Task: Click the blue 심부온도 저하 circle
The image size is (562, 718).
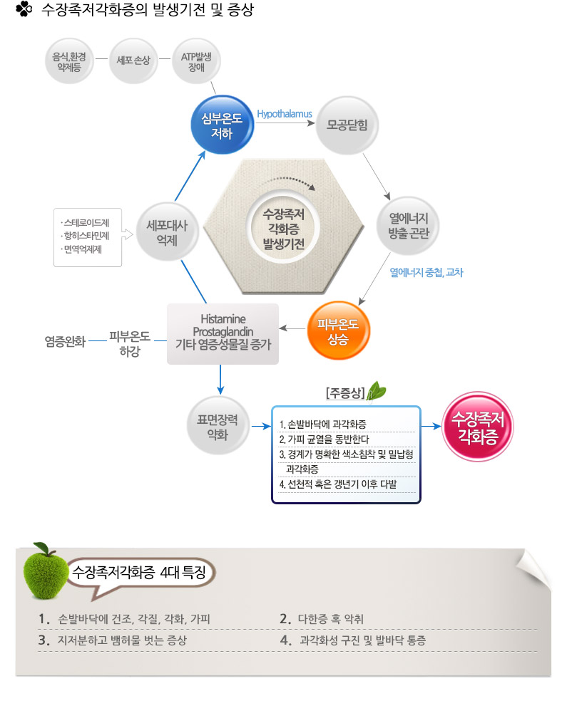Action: [x=222, y=125]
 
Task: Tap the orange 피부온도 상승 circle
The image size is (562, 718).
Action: [x=338, y=331]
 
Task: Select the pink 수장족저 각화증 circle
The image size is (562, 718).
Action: [x=478, y=426]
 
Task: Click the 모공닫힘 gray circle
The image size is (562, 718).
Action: [x=347, y=125]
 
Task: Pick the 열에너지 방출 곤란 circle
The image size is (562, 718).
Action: [x=408, y=226]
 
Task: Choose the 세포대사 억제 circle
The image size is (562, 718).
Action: [x=168, y=232]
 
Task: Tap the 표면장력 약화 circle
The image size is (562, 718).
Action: [x=218, y=426]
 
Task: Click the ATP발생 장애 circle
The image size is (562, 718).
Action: [x=196, y=61]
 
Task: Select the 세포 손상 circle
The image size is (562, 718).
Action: [x=133, y=61]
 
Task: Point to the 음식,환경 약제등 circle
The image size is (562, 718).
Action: [x=69, y=61]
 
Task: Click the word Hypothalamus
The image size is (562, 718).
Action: [x=284, y=114]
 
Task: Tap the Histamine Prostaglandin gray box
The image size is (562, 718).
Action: [x=223, y=334]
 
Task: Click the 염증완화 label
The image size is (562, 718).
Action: [x=65, y=341]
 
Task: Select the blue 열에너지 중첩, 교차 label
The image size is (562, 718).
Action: [x=426, y=272]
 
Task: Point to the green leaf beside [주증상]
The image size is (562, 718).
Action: [x=377, y=390]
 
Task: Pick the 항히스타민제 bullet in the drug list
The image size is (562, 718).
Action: [x=86, y=236]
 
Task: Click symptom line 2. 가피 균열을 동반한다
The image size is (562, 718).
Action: [x=324, y=439]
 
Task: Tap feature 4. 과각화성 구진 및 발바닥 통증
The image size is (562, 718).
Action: [x=353, y=640]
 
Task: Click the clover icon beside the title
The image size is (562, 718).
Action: [x=24, y=9]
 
